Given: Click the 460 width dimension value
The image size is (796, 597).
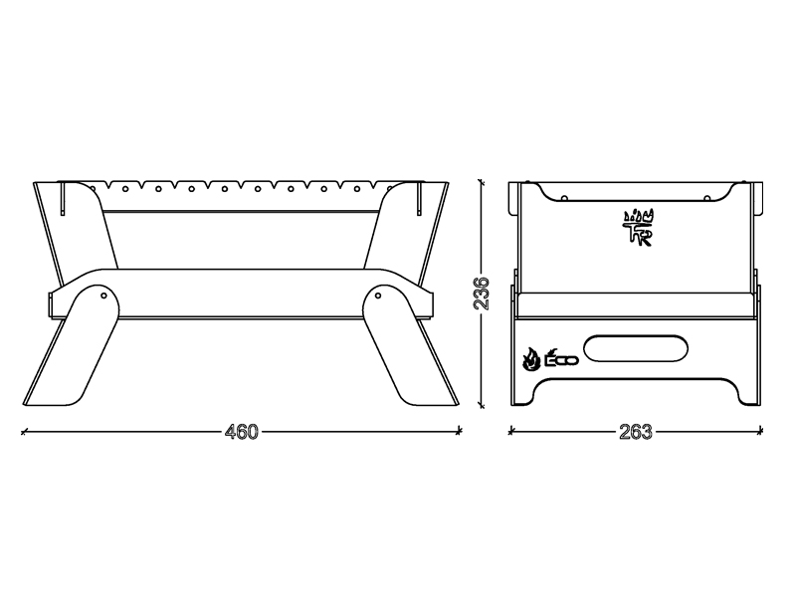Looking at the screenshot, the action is click(242, 432).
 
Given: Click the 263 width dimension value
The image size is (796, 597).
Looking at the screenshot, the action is click(635, 432).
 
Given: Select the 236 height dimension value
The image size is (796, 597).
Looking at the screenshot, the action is click(481, 294).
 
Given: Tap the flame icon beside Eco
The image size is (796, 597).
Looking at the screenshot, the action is click(531, 359).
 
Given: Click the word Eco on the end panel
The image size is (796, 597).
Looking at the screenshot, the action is click(562, 358).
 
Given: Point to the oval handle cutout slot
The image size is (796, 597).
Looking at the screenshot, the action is click(636, 347).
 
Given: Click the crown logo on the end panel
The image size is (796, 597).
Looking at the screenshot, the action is click(639, 228).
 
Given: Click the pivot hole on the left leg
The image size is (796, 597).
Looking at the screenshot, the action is click(103, 295).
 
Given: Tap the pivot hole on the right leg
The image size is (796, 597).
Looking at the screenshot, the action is click(379, 295).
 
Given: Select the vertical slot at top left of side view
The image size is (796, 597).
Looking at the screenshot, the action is click(63, 198).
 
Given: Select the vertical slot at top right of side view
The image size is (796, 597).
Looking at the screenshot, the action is click(419, 198).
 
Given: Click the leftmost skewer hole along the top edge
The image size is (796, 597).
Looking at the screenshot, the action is click(125, 189).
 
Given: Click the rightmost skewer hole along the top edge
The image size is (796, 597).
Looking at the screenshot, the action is click(357, 189).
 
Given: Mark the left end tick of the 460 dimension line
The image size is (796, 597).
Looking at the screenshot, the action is click(23, 432).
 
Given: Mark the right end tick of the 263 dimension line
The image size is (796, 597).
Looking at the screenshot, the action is click(760, 432).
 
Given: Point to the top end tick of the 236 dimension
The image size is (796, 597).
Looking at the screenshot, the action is click(481, 181).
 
